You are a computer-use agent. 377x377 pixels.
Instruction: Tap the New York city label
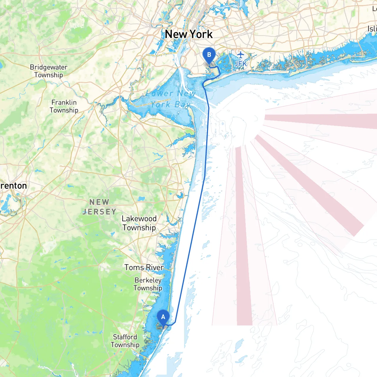(x=188, y=34)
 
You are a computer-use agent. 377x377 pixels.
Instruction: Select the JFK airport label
(x=240, y=64)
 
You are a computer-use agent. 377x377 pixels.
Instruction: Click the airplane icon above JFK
(x=241, y=55)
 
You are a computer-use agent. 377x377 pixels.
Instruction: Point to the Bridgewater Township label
(x=49, y=71)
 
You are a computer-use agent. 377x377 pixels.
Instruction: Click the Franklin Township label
(x=64, y=106)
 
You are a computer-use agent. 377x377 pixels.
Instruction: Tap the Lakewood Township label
(x=139, y=223)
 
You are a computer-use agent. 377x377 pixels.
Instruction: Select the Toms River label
(x=144, y=267)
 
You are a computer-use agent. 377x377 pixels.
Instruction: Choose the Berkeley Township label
(x=148, y=284)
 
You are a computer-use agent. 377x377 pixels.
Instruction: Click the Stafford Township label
(x=125, y=341)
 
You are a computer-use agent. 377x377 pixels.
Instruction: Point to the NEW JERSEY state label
(x=99, y=207)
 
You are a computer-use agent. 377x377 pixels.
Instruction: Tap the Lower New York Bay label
(x=171, y=99)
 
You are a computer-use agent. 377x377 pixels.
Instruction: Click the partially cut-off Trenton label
(x=13, y=186)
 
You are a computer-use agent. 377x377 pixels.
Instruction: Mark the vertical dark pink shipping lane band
(x=244, y=236)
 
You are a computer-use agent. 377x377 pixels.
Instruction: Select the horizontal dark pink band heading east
(x=321, y=121)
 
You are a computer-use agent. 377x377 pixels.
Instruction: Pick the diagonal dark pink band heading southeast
(x=309, y=186)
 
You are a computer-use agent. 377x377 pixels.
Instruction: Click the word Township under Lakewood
(x=139, y=228)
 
